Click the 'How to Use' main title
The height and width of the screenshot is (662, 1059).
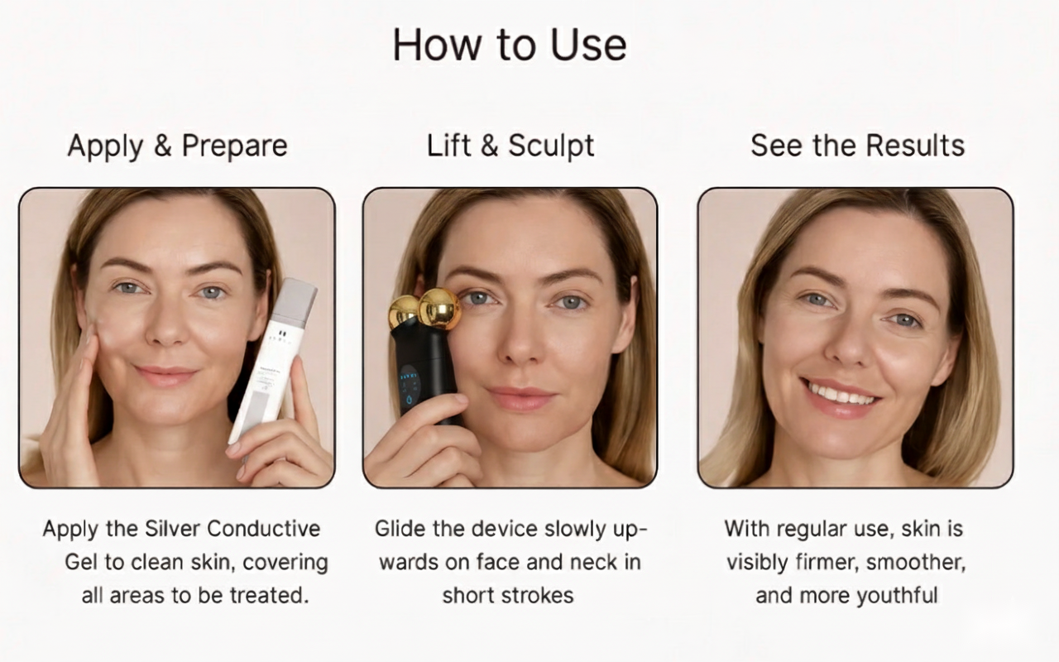[x=510, y=45]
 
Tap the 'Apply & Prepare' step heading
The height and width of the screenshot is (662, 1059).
[x=177, y=146]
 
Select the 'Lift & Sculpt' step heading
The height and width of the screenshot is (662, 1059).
[x=510, y=146]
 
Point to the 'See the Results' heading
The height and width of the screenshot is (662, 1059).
[x=858, y=145]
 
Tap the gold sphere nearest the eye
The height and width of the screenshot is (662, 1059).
[x=439, y=309]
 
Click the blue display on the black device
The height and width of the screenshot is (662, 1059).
[x=410, y=386]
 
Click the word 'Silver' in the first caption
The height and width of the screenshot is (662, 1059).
[x=173, y=529]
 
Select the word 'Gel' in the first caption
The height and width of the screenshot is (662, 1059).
[x=81, y=562]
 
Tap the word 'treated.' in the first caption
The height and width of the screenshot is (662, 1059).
[x=270, y=595]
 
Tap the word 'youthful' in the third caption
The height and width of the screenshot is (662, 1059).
[x=898, y=595]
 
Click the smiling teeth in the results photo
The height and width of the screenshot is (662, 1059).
[x=841, y=395]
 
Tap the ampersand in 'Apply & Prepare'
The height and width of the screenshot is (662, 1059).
[x=162, y=145]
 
